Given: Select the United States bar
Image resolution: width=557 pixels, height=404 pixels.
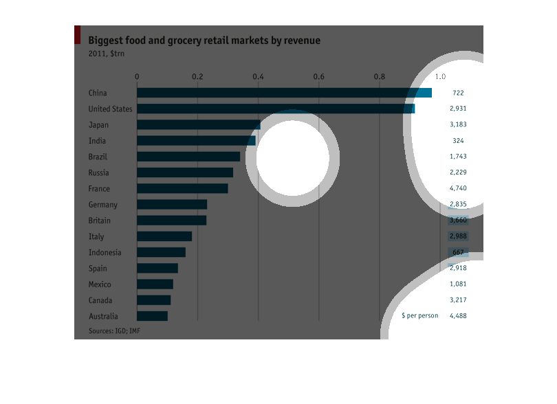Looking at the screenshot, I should point(276,109).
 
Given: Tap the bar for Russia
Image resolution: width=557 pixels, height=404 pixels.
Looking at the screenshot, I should point(185,172).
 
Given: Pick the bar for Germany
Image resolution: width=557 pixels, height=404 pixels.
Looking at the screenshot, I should point(172,205).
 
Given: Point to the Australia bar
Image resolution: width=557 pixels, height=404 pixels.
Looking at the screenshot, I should point(153,317).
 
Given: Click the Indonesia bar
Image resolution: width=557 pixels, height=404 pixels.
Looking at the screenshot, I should point(162,253).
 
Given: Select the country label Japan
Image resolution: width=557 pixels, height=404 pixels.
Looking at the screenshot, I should point(98,125).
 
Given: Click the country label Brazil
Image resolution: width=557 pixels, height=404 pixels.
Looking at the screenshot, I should point(98,157).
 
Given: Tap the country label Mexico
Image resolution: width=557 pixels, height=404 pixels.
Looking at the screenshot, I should point(100,284).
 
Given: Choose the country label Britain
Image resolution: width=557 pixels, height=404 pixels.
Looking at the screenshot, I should point(100,221).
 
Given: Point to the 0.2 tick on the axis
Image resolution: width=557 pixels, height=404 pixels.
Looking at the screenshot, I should point(198,76).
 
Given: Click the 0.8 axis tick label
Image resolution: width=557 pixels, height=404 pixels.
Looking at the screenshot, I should point(380,76).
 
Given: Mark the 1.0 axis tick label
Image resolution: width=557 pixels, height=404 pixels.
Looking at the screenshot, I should point(441,76).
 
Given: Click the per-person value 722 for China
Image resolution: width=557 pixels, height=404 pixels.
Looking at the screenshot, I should point(458,93).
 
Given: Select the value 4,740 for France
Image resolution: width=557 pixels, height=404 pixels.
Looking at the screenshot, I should point(458,189).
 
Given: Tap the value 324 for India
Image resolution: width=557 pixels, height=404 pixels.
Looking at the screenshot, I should point(458,141).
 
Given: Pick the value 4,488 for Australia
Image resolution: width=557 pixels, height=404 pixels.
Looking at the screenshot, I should point(458,317).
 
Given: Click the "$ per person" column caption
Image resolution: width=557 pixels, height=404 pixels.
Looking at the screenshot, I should point(419,317).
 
